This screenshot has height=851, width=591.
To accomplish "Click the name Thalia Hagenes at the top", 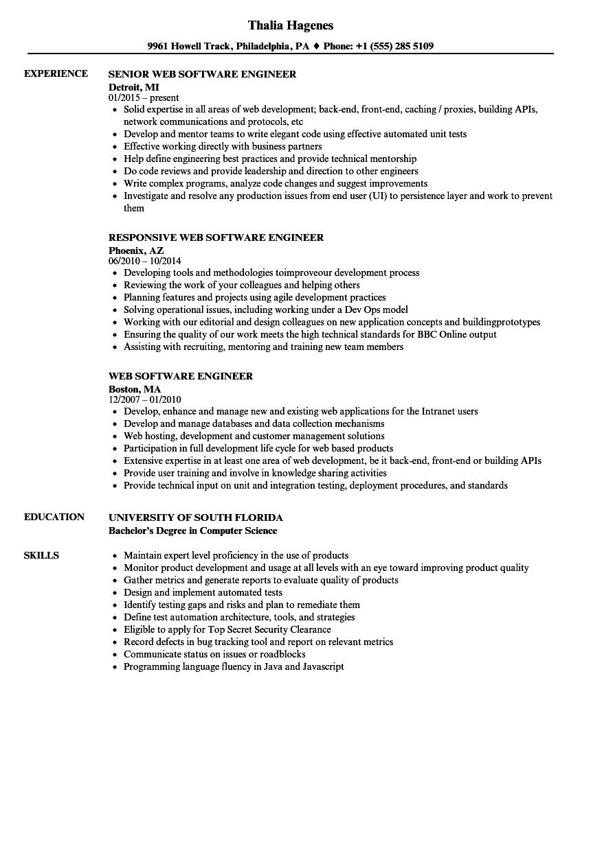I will click(291, 25).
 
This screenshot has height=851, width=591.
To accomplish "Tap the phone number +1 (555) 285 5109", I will click(395, 47).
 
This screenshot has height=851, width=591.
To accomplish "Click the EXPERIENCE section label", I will click(56, 73).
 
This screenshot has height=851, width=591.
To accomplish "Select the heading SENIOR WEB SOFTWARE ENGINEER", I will click(203, 74).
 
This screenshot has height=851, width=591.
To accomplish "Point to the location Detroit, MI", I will click(134, 86).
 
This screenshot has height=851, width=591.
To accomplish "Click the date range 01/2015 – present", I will click(144, 98).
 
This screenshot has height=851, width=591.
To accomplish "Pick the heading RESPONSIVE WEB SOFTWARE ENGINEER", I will click(216, 237).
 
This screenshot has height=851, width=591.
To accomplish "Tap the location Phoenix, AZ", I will click(136, 250).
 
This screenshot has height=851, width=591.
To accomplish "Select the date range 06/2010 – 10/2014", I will click(144, 261).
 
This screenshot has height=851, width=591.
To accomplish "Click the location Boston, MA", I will click(135, 388).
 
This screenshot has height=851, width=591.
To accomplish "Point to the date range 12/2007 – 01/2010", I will click(144, 400).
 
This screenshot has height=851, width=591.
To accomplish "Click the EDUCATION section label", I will click(54, 517).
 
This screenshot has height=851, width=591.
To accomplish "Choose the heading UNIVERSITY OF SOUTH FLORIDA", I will click(196, 517).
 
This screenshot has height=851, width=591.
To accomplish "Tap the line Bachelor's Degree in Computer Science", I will click(193, 531).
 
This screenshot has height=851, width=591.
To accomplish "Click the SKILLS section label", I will click(41, 555).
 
